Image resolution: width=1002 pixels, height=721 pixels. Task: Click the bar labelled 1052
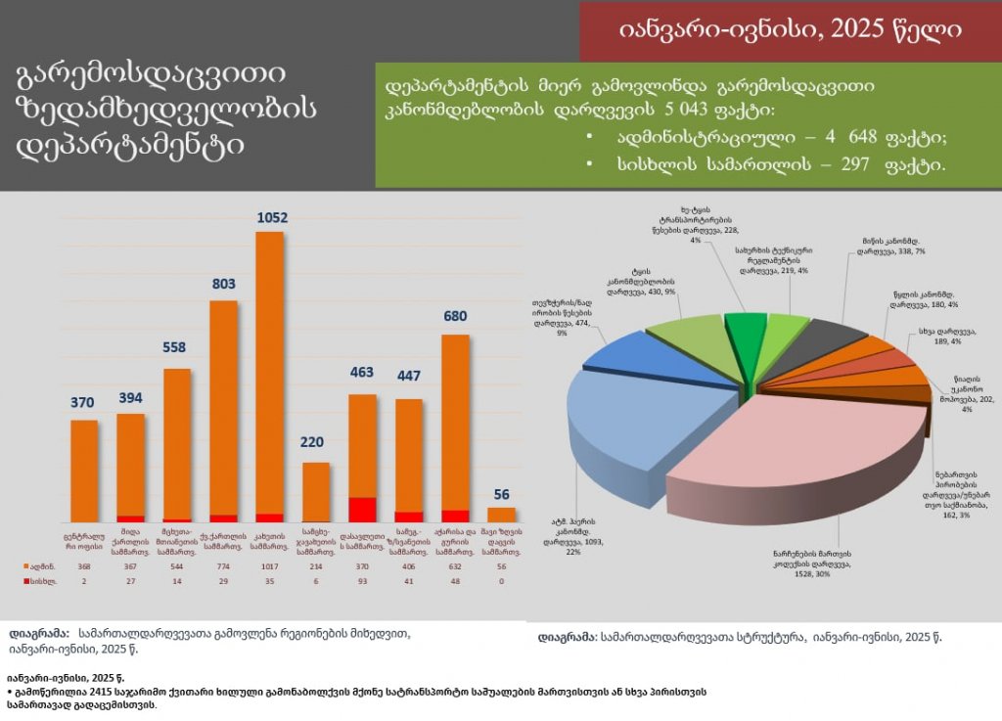coord(270,377)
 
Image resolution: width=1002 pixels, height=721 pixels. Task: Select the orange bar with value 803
coord(224,411)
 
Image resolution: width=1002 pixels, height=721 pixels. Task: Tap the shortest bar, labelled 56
coord(501,515)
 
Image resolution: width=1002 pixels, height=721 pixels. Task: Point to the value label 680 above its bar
coord(456,317)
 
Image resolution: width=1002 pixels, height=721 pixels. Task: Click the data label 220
coord(316,442)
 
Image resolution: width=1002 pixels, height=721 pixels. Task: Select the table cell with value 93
coord(363,581)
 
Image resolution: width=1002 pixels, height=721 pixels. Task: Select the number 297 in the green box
coord(843,166)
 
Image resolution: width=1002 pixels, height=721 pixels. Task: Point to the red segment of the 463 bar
coord(363,509)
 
